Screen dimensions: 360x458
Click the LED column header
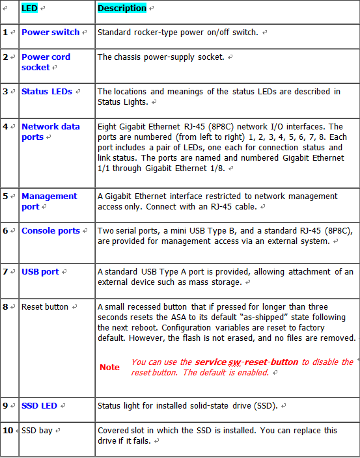(x=29, y=8)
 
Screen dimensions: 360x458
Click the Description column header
(x=122, y=8)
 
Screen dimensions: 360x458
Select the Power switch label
(x=50, y=32)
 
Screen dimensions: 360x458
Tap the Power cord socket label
(x=46, y=62)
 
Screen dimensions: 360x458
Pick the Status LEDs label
(x=47, y=92)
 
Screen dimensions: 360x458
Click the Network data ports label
(x=50, y=131)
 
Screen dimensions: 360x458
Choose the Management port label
(x=49, y=201)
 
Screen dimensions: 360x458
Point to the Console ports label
(x=51, y=231)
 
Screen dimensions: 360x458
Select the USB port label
(x=40, y=271)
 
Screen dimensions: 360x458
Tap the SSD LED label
(x=39, y=405)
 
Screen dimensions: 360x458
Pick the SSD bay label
(x=38, y=430)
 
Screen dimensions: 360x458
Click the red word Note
(x=109, y=368)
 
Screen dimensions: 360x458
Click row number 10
(x=7, y=430)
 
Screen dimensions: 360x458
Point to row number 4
(x=5, y=126)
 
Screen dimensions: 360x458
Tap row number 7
(x=5, y=271)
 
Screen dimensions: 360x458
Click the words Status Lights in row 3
(x=123, y=102)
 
